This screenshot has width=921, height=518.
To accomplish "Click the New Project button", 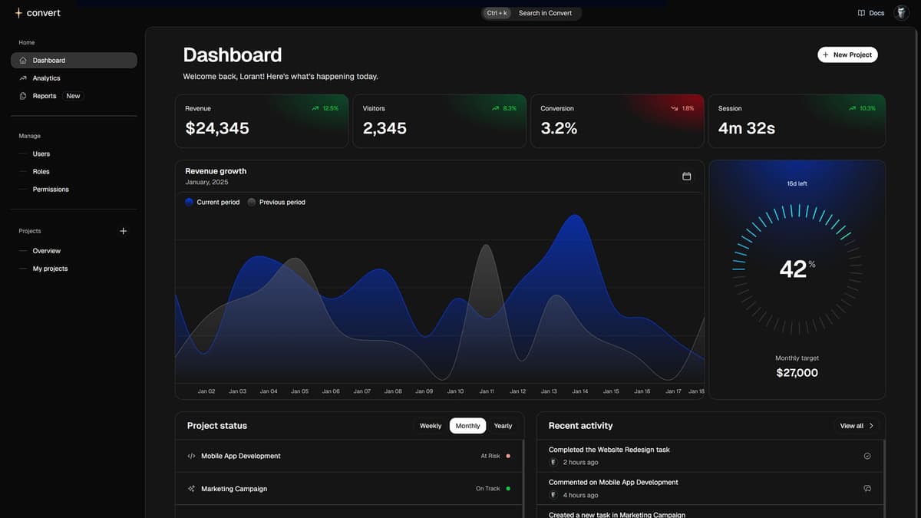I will click(x=847, y=54).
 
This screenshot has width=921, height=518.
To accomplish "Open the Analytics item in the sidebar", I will click(x=46, y=78).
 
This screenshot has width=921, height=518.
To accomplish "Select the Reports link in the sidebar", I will click(x=45, y=96).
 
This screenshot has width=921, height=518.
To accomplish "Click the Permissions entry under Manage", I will click(x=51, y=190).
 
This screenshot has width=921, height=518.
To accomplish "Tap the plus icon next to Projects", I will click(x=124, y=231).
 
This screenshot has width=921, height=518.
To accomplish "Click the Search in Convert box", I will click(x=544, y=13).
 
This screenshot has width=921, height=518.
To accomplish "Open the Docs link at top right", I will click(x=871, y=13).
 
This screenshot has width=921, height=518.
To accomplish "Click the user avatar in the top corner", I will click(x=901, y=13).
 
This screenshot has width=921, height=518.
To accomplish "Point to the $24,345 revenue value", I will click(x=217, y=129).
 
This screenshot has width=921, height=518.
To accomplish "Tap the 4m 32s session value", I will click(x=746, y=129).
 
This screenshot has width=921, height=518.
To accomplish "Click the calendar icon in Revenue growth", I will click(x=687, y=177).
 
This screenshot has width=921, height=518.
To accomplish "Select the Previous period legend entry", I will click(x=282, y=203).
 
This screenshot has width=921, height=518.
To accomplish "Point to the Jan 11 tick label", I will click(x=487, y=391).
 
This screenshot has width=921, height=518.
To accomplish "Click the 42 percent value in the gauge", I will click(x=794, y=269).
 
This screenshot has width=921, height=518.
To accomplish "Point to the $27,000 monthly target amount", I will click(x=797, y=373).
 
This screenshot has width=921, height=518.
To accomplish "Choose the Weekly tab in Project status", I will click(x=431, y=426).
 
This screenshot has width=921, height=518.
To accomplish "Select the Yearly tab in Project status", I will click(x=503, y=426).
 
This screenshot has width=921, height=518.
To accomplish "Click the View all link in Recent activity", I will click(x=857, y=426).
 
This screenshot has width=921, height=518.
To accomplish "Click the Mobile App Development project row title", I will click(x=241, y=456).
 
